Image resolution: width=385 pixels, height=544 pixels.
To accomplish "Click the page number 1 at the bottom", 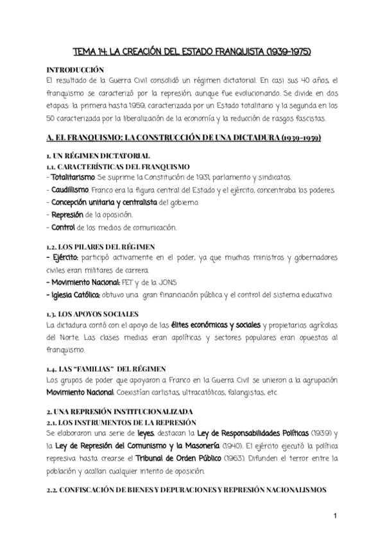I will pos(335,515).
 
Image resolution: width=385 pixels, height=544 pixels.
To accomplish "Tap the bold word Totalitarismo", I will pos(70,176).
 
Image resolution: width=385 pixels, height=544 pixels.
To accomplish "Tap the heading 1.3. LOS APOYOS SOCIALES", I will pos(93,314).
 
